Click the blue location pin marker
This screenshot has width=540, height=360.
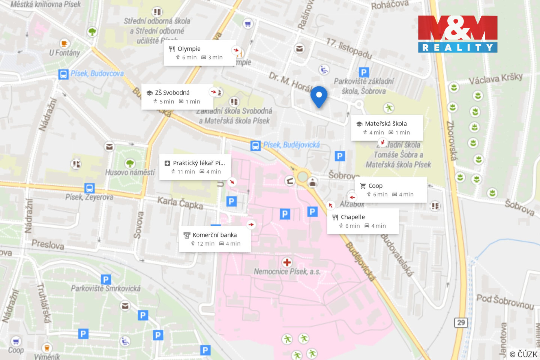tap(319, 96)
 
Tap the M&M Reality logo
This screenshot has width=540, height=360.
tap(457, 34)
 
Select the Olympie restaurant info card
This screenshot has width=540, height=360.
tap(199, 53)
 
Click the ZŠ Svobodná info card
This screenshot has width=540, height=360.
tap(177, 97)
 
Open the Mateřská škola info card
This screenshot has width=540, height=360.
tap(387, 128)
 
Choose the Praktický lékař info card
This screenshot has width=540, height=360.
tap(195, 167)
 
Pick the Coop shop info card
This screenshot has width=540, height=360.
tap(390, 190)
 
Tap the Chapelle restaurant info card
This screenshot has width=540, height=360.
tap(363, 221)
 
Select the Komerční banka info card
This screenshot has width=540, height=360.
tap(214, 239)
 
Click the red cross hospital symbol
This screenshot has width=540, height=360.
tap(287, 262)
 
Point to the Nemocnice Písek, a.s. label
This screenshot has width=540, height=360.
tap(287, 271)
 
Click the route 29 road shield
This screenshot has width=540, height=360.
tap(461, 322)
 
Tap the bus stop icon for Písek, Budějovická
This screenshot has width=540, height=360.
tap(255, 145)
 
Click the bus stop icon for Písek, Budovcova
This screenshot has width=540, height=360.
tap(63, 74)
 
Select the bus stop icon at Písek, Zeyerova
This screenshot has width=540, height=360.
tap(89, 188)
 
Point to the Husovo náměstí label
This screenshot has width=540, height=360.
tap(130, 172)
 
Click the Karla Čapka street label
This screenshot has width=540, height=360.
tap(180, 202)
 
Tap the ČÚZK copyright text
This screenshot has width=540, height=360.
tap(523, 354)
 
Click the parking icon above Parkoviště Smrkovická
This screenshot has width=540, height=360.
tap(106, 279)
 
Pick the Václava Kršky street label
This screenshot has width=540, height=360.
tap(495, 78)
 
